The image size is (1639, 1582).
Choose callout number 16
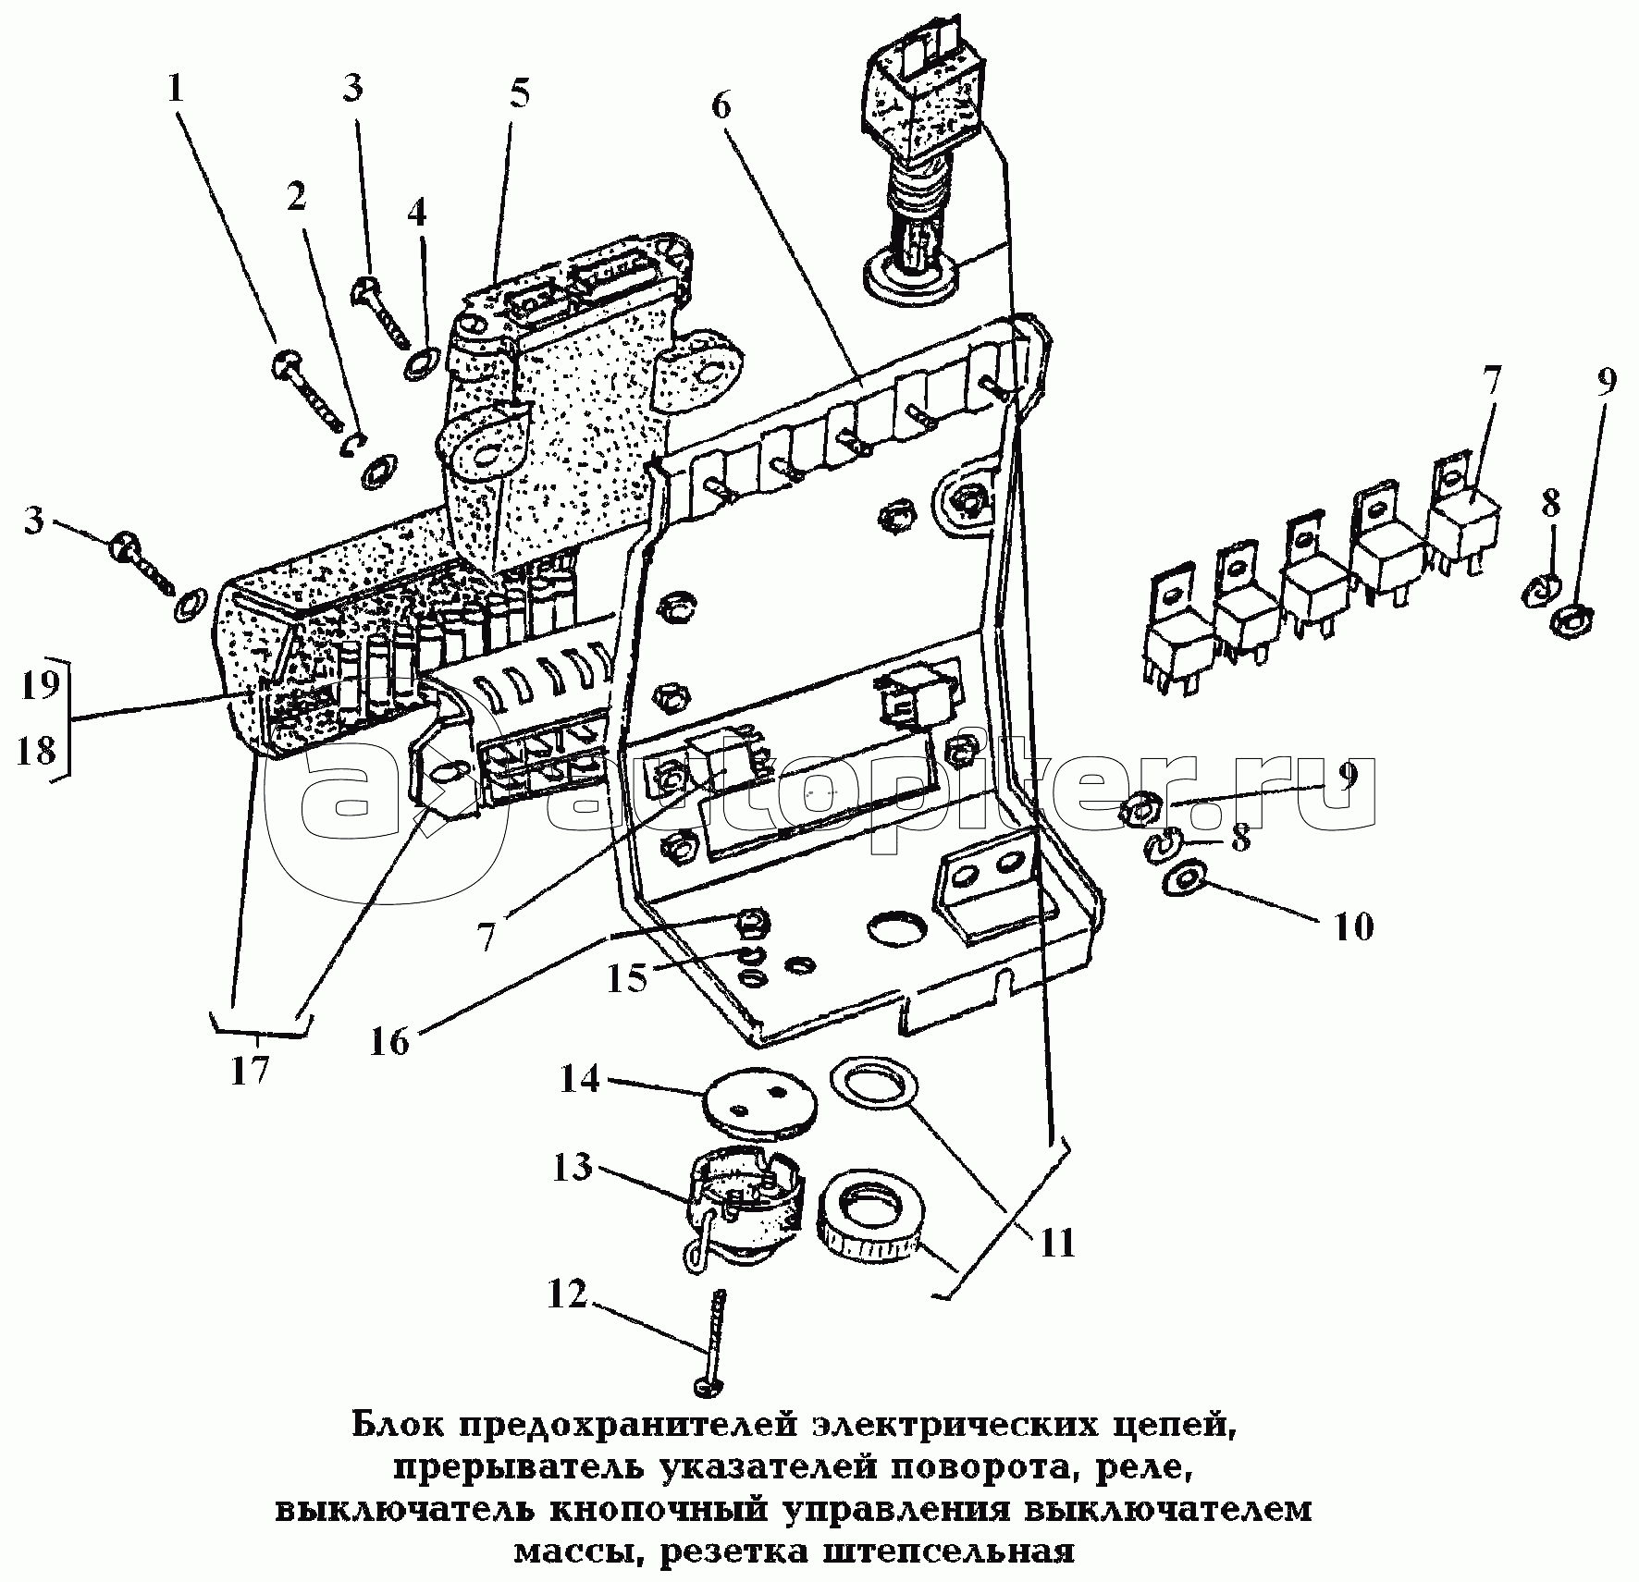coord(389,1042)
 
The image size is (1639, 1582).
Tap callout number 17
coord(250,1070)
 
